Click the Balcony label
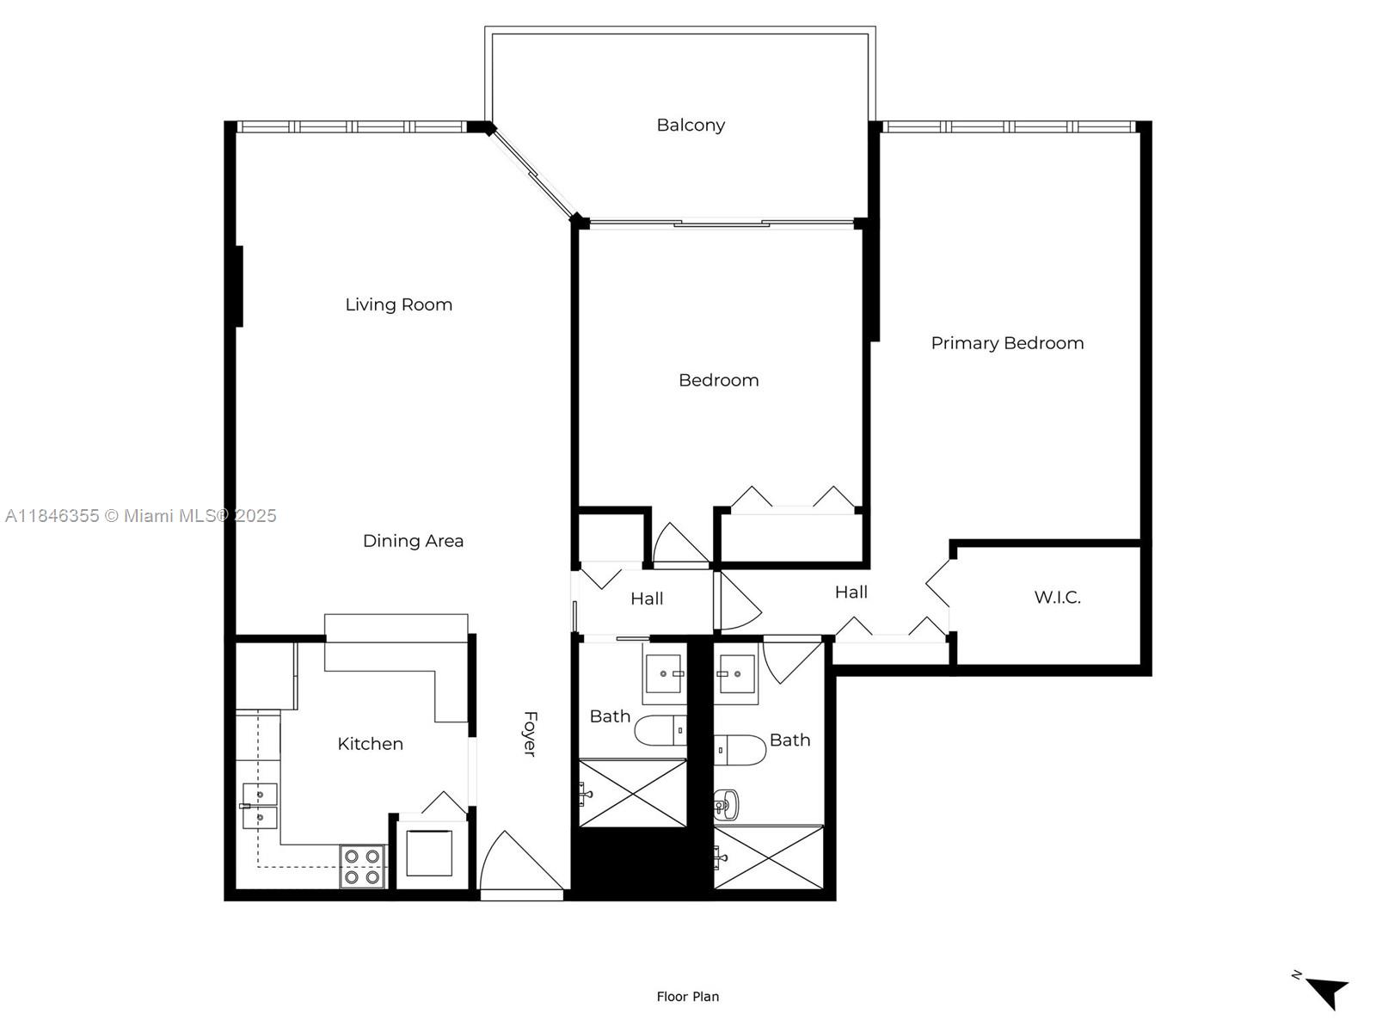691,126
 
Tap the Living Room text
398,304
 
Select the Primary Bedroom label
1007,343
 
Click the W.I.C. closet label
1057,598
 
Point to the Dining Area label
413,541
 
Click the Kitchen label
370,744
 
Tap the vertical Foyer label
531,734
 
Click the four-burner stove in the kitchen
362,867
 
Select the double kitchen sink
259,806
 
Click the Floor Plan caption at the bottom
687,997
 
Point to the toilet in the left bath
660,731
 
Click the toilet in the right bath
740,749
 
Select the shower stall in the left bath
633,793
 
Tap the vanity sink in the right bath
736,674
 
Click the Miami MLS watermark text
140,516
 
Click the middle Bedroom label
718,380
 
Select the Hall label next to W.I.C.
851,593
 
